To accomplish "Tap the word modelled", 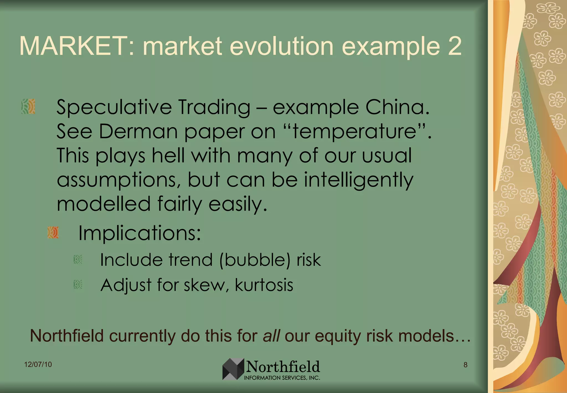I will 104,204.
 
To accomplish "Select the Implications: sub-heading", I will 140,233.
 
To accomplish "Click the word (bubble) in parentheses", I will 255,260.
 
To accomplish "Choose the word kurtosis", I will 264,285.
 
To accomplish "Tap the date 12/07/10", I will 38,364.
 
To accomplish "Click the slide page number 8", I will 465,365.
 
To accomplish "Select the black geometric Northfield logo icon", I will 233,369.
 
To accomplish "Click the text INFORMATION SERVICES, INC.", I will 282,378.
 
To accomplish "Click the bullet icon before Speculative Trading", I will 28,106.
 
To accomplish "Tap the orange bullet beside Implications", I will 53,232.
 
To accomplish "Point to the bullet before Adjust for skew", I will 78,285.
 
